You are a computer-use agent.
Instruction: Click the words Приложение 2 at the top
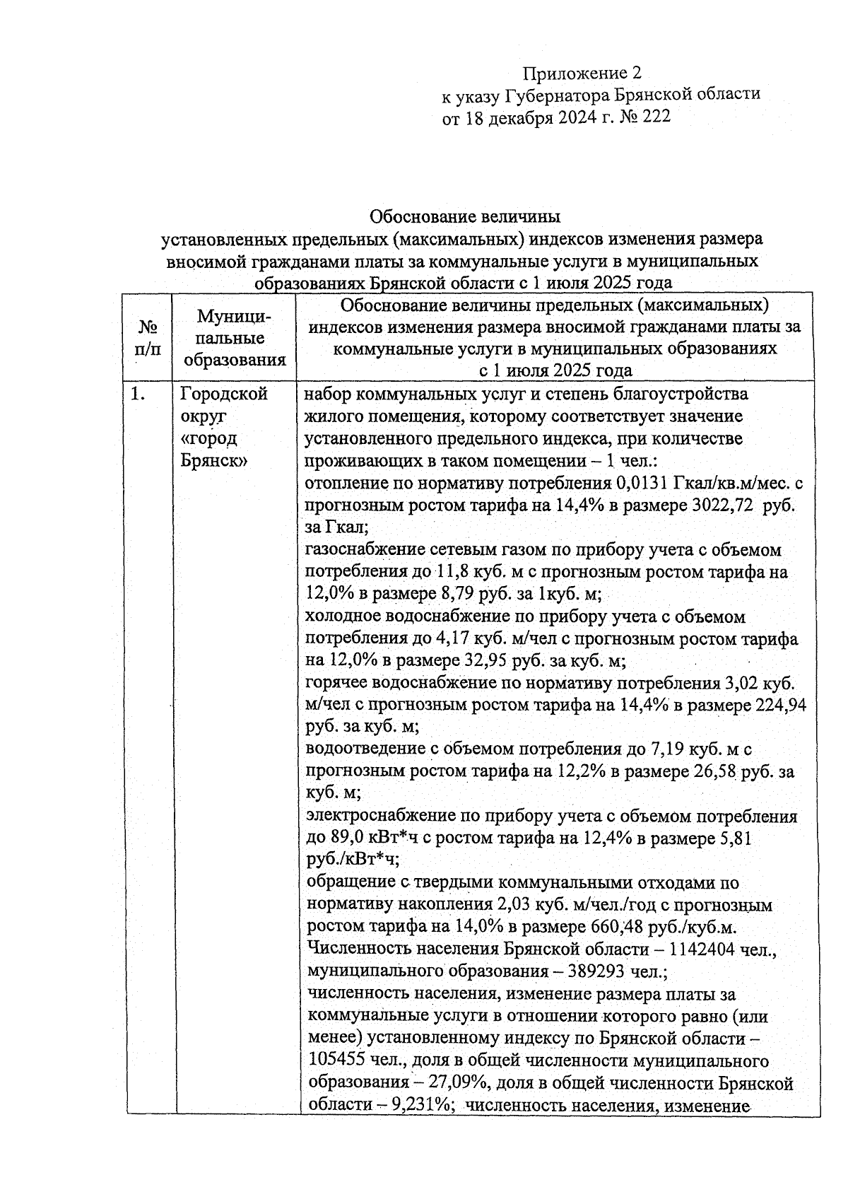(x=582, y=74)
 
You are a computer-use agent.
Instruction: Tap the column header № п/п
(x=148, y=337)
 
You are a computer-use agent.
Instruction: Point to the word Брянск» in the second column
(x=213, y=460)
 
